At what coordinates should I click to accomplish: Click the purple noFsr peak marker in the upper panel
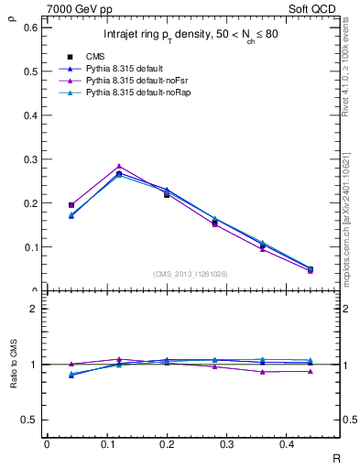tap(119, 167)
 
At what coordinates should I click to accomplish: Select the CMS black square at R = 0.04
tap(71, 205)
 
